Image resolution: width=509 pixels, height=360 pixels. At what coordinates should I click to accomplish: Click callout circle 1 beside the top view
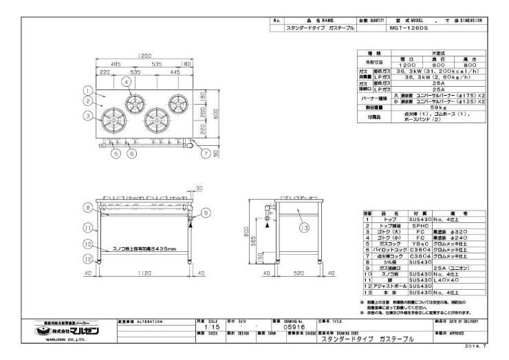tap(87, 89)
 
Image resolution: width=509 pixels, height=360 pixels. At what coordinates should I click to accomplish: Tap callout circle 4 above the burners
tap(127, 81)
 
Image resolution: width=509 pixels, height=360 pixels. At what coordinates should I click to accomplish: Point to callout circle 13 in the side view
tap(303, 226)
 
